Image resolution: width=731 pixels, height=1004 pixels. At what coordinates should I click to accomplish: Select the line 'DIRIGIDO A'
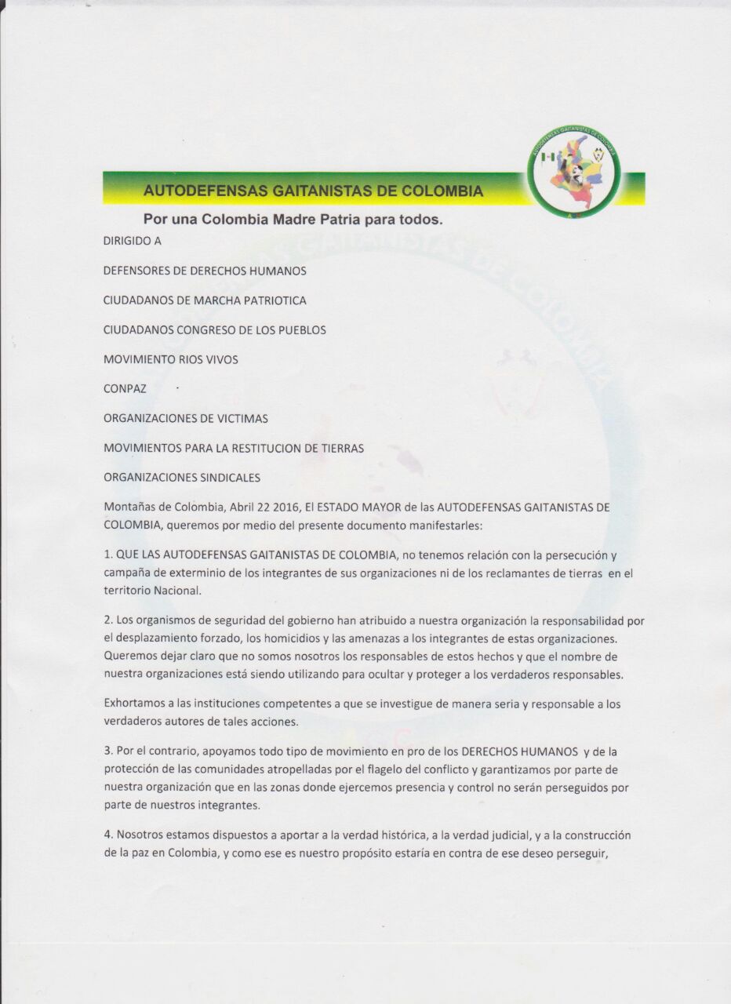[x=132, y=242]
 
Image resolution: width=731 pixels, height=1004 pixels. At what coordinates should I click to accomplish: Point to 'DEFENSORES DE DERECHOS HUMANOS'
[x=205, y=271]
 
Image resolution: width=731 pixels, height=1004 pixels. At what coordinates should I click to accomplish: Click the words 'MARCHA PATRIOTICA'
[x=249, y=300]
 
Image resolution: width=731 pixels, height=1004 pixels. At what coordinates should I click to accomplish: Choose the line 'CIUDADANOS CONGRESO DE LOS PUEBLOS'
[x=214, y=330]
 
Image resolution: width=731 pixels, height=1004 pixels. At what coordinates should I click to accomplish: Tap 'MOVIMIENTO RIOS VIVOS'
[x=170, y=359]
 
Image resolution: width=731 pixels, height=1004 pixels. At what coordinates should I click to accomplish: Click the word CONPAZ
[x=125, y=388]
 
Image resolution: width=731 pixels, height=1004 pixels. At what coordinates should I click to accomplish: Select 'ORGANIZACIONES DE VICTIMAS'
[x=185, y=418]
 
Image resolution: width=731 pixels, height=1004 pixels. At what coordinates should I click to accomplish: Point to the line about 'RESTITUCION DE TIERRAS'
[x=233, y=448]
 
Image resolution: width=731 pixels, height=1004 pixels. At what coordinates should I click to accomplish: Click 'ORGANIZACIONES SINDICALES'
[x=181, y=477]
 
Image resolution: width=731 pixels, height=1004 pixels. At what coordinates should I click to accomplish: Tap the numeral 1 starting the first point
[x=107, y=555]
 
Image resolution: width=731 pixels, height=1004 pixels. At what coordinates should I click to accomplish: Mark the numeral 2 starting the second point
[x=107, y=620]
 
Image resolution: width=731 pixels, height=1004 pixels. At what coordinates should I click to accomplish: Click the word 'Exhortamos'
[x=133, y=704]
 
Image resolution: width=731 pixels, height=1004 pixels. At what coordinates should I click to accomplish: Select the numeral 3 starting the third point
[x=107, y=751]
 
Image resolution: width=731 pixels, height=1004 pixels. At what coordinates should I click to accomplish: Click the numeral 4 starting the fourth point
[x=107, y=835]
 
